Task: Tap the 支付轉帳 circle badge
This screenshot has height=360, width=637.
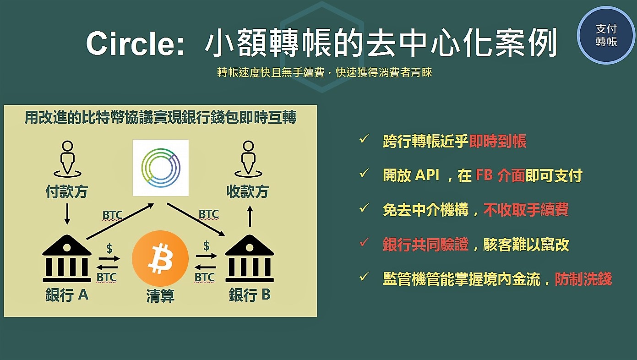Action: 606,35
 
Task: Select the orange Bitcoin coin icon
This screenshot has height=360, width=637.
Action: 160,258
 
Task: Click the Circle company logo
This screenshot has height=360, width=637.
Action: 161,168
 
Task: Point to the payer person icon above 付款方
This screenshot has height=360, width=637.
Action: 67,159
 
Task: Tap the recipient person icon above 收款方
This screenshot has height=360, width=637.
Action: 248,159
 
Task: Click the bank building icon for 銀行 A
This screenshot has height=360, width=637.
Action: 67,258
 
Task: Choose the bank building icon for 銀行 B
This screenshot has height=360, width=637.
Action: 250,258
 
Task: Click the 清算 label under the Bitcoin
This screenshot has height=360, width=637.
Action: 160,296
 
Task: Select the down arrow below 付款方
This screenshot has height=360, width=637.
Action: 67,214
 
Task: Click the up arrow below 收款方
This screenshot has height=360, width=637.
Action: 250,216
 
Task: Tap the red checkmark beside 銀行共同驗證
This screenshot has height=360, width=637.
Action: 364,242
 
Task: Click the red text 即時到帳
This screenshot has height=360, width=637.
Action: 498,141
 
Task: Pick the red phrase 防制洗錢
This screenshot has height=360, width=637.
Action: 583,279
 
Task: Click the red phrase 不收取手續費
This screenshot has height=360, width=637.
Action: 526,210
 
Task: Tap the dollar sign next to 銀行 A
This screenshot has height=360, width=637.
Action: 109,248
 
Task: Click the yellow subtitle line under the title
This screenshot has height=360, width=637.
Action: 325,72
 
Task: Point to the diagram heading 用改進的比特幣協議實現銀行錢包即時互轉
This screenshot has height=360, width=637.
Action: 160,117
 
